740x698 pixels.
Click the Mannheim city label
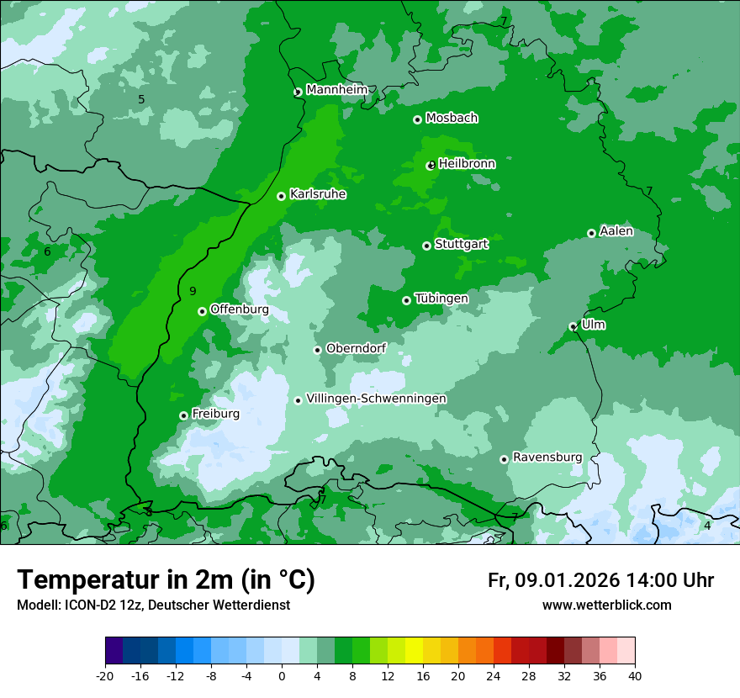(x=336, y=90)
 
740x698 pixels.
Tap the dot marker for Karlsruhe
(x=282, y=196)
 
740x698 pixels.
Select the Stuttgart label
(x=461, y=245)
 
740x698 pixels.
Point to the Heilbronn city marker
(x=431, y=165)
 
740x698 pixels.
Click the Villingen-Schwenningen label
(x=376, y=399)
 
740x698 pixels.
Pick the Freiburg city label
(x=215, y=414)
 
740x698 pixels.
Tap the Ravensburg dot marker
(x=505, y=459)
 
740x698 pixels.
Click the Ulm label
(x=593, y=325)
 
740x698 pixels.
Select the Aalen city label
(x=616, y=231)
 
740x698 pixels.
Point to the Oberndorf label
(x=356, y=348)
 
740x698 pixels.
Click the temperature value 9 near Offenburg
(x=193, y=291)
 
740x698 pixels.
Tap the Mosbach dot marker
(x=417, y=119)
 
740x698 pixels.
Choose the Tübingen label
(x=441, y=299)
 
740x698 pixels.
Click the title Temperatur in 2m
(x=166, y=580)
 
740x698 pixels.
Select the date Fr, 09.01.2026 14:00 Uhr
(x=600, y=581)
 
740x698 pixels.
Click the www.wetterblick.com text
(x=606, y=605)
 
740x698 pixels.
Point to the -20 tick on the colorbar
(x=105, y=675)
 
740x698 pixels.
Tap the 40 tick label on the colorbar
(x=635, y=675)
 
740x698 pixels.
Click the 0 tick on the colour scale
(x=282, y=675)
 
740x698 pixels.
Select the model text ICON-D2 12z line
(x=153, y=605)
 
